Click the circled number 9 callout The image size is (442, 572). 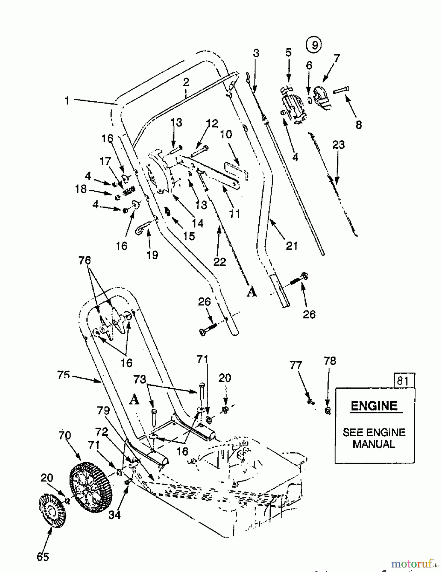(314, 45)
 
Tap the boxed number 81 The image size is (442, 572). (403, 380)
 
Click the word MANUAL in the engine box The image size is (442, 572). (374, 444)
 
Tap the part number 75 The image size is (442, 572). (64, 375)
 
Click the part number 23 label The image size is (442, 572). (338, 145)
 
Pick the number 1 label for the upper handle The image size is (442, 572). (67, 101)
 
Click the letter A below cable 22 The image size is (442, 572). (252, 292)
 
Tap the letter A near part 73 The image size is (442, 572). (134, 400)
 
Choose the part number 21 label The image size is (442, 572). (291, 246)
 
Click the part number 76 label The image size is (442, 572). (85, 261)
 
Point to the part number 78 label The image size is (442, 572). (330, 361)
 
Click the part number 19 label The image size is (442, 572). (153, 255)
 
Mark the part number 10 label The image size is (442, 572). (226, 134)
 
